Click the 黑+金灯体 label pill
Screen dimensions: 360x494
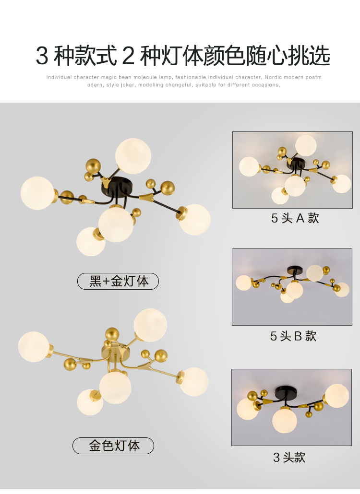(x=118, y=281)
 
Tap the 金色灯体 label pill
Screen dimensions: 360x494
(x=113, y=446)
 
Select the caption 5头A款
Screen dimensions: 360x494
(x=295, y=218)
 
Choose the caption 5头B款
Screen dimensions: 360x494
(x=293, y=336)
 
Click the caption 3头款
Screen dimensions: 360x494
(x=289, y=457)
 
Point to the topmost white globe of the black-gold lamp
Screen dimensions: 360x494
(x=133, y=156)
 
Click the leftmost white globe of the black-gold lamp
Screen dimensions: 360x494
(x=37, y=193)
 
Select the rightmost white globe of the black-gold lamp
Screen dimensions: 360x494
(x=195, y=220)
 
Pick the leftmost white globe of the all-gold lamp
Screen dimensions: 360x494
(x=34, y=347)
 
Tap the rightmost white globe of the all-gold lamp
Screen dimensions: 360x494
(x=194, y=382)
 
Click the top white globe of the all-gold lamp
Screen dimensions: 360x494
(x=150, y=325)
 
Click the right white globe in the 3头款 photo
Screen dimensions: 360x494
(x=337, y=396)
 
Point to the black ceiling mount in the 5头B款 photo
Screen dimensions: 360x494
(x=295, y=271)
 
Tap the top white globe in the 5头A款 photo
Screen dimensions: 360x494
(x=306, y=145)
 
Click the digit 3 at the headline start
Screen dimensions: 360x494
(x=42, y=56)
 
